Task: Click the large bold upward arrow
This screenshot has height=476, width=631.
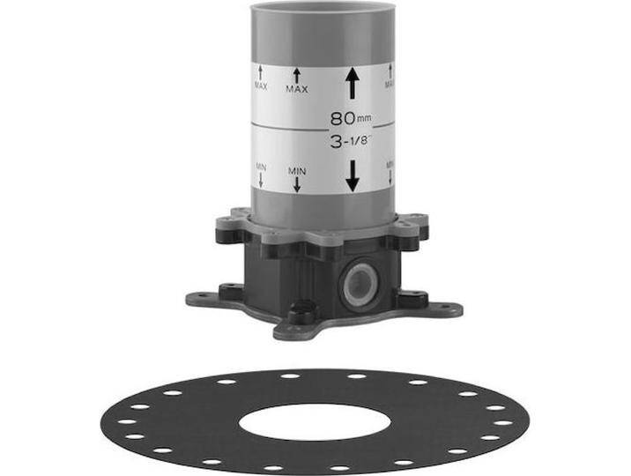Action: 353,83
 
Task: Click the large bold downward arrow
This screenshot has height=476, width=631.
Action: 353,175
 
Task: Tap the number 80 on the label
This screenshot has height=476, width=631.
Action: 343,118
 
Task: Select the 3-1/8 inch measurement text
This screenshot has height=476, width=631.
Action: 349,142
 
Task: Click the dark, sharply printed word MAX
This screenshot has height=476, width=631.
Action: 297,89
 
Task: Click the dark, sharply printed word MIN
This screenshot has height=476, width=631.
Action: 297,171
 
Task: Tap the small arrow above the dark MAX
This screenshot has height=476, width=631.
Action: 297,76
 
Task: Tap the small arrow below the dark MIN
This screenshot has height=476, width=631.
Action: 297,184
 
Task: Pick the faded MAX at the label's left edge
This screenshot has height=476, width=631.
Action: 261,86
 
